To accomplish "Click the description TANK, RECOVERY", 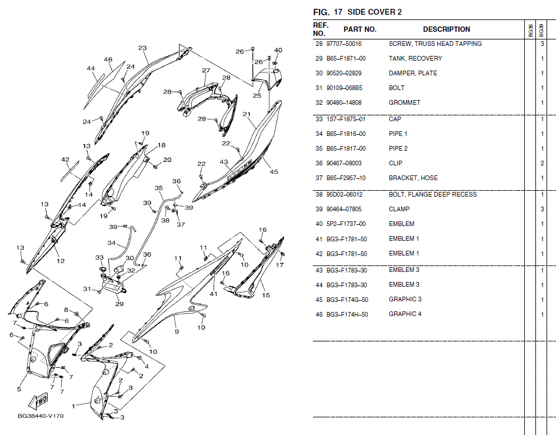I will pyautogui.click(x=415, y=59).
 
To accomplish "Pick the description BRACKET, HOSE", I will pyautogui.click(x=413, y=178).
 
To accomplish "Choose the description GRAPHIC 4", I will pyautogui.click(x=405, y=314).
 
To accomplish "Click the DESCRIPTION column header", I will pyautogui.click(x=447, y=29).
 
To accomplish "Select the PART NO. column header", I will pyautogui.click(x=360, y=29).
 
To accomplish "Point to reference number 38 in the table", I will pyautogui.click(x=319, y=195).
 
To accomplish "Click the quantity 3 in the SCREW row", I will pyautogui.click(x=542, y=44).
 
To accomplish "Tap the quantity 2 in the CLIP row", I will pyautogui.click(x=542, y=164).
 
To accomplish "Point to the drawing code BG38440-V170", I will pyautogui.click(x=41, y=416).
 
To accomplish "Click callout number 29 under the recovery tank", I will pyautogui.click(x=119, y=304).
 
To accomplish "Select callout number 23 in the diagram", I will pyautogui.click(x=142, y=48).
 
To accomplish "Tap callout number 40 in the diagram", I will pyautogui.click(x=278, y=51).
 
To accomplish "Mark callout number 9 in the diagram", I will pyautogui.click(x=177, y=332).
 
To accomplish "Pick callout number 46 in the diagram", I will pyautogui.click(x=108, y=59).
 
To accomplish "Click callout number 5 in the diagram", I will pyautogui.click(x=19, y=389).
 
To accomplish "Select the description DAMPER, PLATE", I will pyautogui.click(x=413, y=74).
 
